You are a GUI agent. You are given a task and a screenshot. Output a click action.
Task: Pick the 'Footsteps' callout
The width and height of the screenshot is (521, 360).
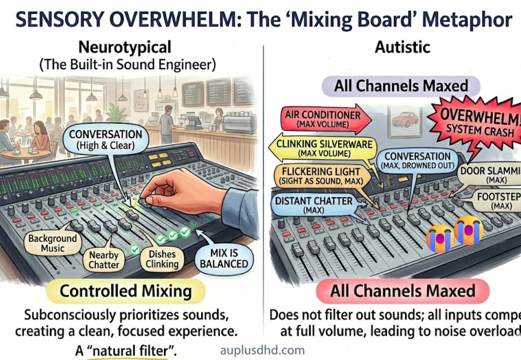[x=496, y=200]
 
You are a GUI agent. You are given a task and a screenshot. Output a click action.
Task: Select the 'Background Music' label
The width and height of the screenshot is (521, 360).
[x=53, y=243]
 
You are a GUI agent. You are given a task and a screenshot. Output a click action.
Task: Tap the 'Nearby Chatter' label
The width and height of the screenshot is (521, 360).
[x=103, y=259]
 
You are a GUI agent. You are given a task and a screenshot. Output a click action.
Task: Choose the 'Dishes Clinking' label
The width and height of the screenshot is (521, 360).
[x=162, y=259]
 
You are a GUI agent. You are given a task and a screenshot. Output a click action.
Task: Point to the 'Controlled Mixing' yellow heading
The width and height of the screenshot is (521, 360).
[x=126, y=292]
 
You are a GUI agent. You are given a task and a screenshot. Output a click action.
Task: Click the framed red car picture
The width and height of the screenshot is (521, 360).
[x=405, y=120]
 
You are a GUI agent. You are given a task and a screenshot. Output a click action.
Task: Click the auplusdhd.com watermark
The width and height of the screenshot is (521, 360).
[x=262, y=350]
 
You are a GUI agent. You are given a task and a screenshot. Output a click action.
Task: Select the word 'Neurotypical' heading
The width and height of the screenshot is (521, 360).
[x=125, y=48]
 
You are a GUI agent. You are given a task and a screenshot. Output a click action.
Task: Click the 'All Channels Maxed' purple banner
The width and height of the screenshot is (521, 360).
[x=401, y=85]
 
